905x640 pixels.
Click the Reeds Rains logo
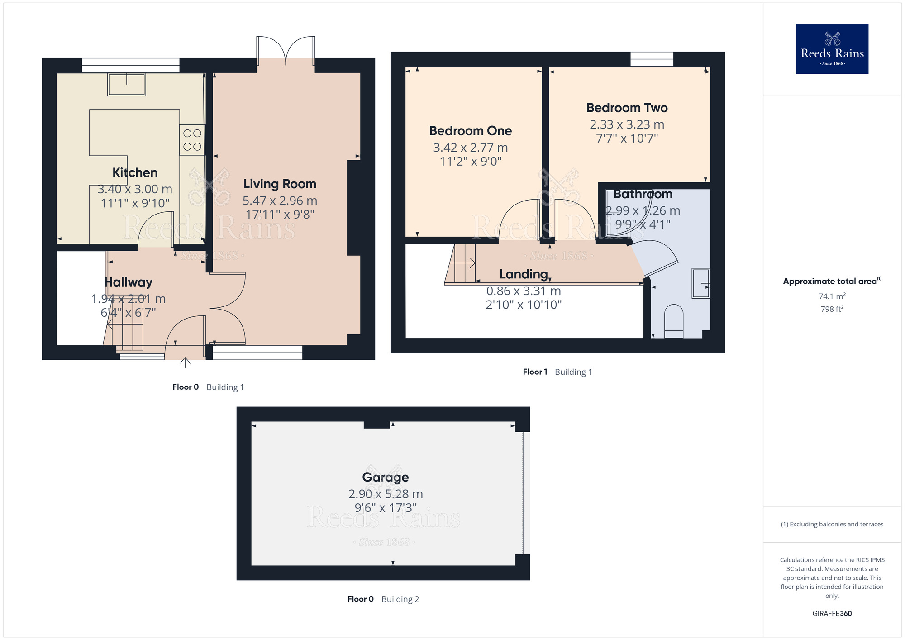(832, 49)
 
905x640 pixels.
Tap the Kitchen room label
(135, 173)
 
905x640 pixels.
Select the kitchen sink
(126, 85)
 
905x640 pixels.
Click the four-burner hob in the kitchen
(192, 140)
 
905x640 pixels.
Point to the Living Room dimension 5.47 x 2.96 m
(280, 201)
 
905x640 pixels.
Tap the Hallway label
(129, 282)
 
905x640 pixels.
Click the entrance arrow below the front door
(185, 362)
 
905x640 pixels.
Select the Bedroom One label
(470, 131)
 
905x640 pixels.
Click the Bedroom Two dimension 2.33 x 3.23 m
(627, 125)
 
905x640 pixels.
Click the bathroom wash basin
(700, 283)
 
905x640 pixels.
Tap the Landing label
(524, 274)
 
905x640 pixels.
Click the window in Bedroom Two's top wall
(652, 59)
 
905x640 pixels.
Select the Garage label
(385, 478)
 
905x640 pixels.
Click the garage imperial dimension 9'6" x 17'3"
(385, 508)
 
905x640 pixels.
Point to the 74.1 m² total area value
(832, 296)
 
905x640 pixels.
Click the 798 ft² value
(832, 309)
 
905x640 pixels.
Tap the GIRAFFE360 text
(832, 614)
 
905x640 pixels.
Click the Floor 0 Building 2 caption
(383, 599)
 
